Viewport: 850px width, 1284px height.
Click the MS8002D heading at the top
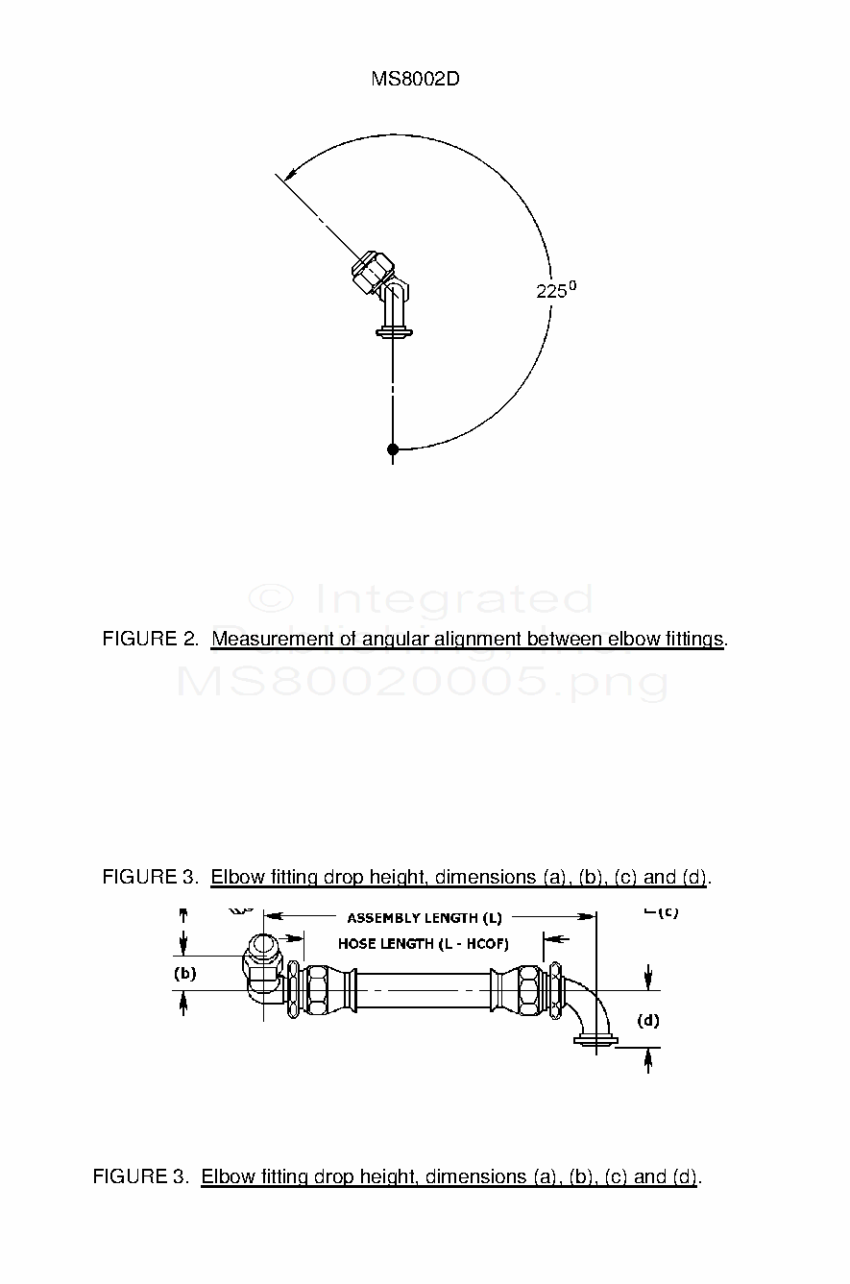pos(415,80)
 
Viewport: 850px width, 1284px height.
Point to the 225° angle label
pos(555,290)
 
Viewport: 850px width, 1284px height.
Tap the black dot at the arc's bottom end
pos(393,449)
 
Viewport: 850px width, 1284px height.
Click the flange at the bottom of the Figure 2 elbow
pos(393,333)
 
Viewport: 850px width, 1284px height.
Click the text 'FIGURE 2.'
pos(150,639)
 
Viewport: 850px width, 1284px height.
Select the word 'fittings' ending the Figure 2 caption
pos(694,639)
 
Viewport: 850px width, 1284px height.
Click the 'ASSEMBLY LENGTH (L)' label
pos(425,918)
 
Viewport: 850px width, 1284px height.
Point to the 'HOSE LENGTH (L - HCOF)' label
pos(424,944)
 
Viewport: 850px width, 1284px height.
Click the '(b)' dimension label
pos(184,973)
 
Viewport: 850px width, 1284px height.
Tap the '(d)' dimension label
pos(649,1020)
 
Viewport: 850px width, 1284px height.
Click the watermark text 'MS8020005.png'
pos(423,681)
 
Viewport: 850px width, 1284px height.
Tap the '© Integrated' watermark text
pos(421,599)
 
